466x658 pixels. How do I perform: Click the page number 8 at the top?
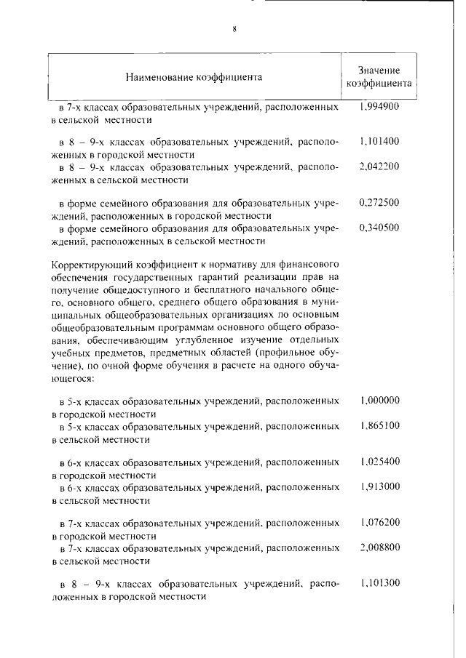point(234,29)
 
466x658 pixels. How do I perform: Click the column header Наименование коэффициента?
point(194,76)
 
